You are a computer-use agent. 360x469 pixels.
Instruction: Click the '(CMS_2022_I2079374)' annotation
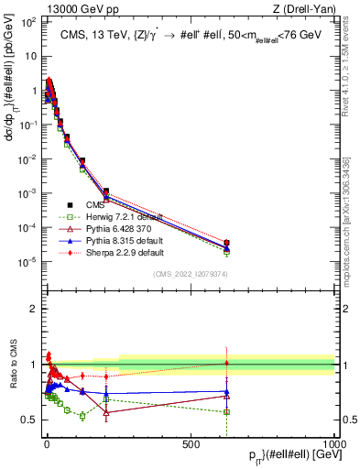(190, 272)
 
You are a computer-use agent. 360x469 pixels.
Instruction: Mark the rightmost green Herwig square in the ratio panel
(226, 411)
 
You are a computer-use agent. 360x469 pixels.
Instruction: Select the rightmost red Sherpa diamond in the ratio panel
(226, 364)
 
